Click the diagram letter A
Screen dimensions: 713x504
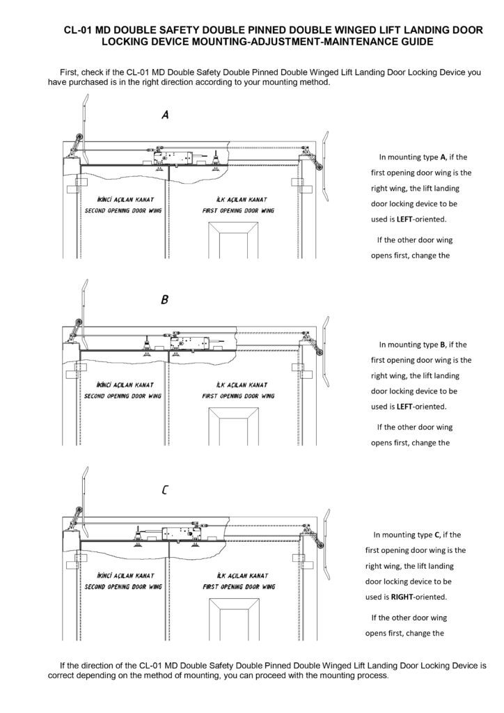click(165, 116)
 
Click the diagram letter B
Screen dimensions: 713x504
click(164, 301)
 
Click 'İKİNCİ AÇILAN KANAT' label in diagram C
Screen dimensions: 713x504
click(123, 576)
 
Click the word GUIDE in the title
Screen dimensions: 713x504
click(411, 42)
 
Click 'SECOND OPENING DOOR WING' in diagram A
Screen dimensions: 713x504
click(123, 210)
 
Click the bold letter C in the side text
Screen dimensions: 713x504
click(436, 535)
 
